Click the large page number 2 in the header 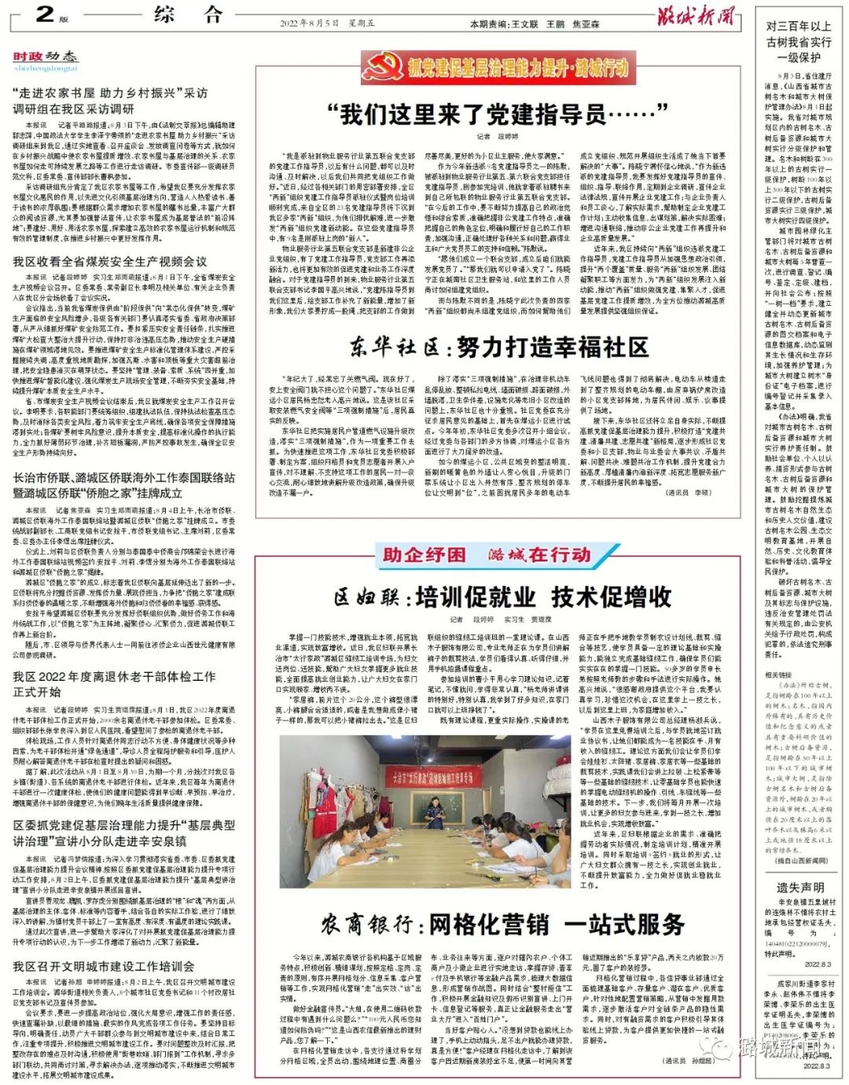coord(46,13)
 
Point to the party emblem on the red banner coord(381,68)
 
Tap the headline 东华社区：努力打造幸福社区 coord(499,347)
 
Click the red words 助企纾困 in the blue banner coord(424,555)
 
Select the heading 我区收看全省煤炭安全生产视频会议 coord(110,262)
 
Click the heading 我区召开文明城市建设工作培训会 coord(103,966)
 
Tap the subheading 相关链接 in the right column coord(779,675)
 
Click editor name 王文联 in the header coord(525,24)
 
